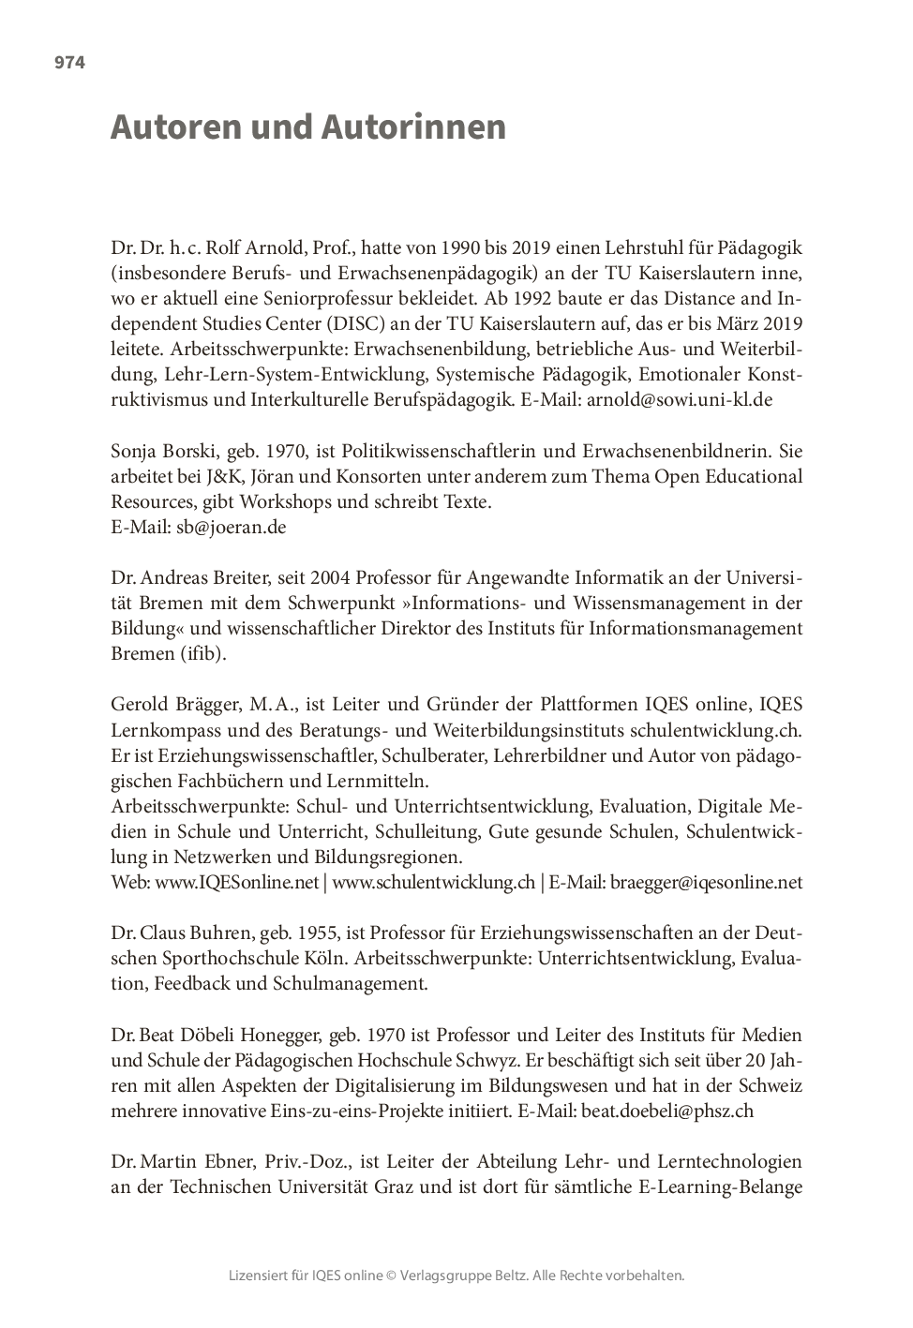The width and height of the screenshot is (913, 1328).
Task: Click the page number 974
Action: tap(69, 63)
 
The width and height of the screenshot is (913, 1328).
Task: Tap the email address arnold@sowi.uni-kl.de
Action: tap(693, 399)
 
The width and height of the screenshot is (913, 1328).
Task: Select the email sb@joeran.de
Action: tap(232, 527)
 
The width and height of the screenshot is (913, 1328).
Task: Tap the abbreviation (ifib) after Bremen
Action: tap(202, 653)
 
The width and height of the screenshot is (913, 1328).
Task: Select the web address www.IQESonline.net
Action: tap(236, 882)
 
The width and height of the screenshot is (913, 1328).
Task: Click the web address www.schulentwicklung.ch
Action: tap(433, 882)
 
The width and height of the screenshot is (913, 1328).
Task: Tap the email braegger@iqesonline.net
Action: tap(706, 882)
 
